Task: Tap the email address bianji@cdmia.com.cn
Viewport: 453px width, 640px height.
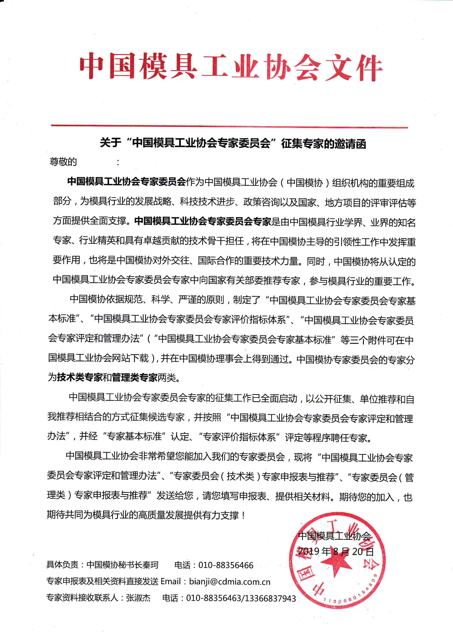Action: point(230,582)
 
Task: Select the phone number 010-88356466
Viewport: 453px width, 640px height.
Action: point(226,565)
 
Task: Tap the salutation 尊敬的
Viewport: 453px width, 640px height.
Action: point(63,162)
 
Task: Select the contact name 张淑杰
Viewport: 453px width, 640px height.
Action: point(138,598)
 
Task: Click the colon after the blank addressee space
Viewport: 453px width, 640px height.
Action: point(118,162)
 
